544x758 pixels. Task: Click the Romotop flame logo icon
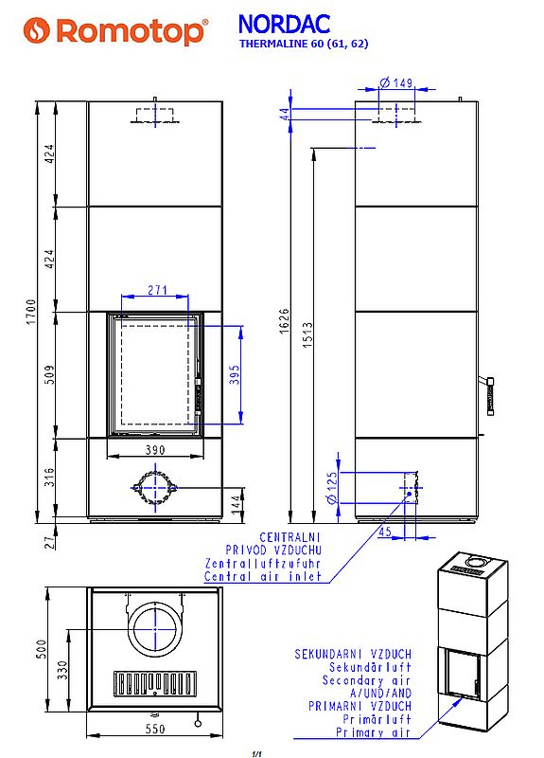(x=35, y=30)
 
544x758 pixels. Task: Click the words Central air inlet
(x=276, y=576)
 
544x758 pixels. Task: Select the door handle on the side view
(x=489, y=393)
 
